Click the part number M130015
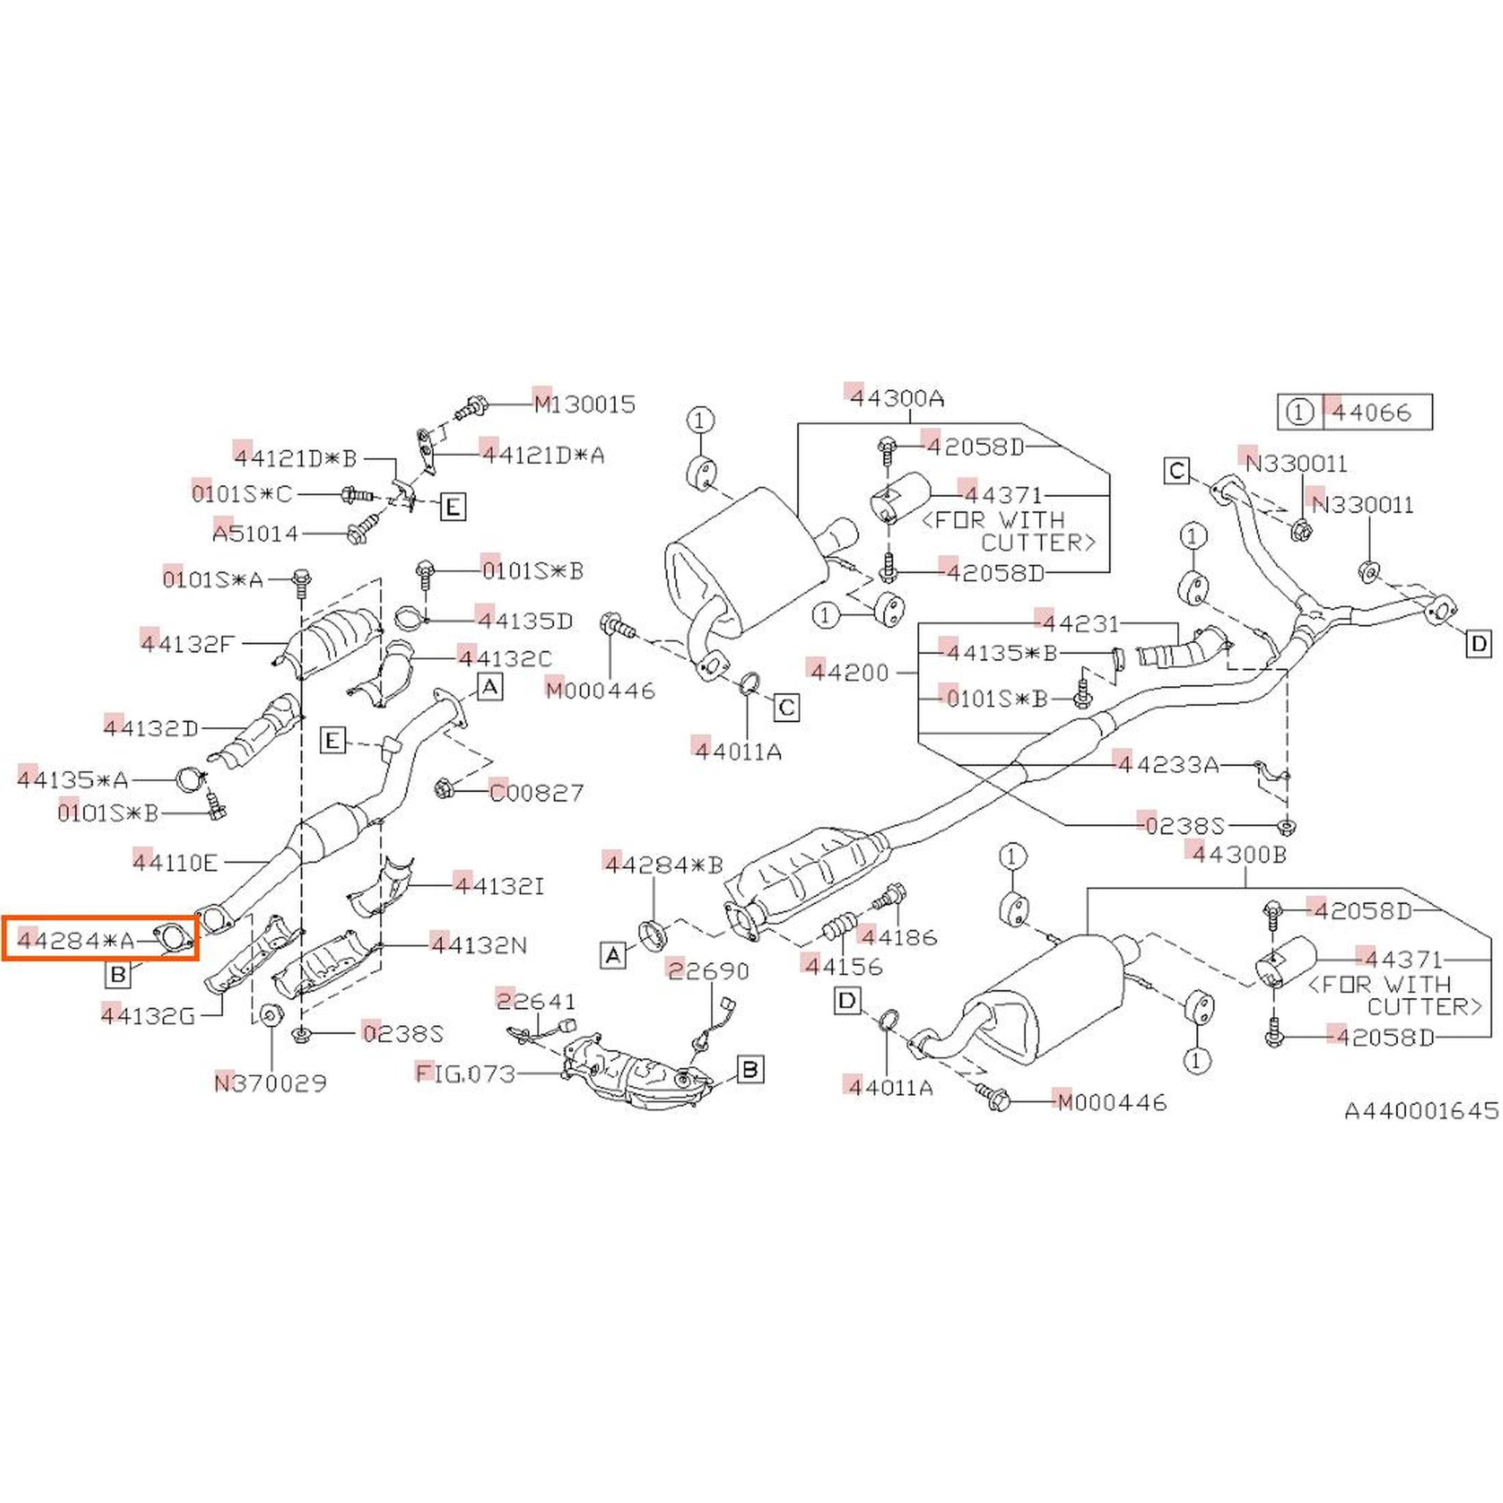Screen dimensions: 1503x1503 [584, 404]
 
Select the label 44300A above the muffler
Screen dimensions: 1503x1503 [896, 399]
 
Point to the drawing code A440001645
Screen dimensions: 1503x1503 [1422, 1111]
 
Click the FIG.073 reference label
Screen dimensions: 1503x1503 [466, 1074]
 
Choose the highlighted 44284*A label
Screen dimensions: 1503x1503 [76, 942]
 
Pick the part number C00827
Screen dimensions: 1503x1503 [536, 793]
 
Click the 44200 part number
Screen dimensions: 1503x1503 [850, 672]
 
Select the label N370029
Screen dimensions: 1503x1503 [271, 1083]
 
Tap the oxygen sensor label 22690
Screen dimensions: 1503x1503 [708, 970]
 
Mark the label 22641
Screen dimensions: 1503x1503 [536, 1000]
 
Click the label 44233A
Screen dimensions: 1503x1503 [1168, 765]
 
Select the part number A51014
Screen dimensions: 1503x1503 [255, 533]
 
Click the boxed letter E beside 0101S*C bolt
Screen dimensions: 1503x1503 [453, 508]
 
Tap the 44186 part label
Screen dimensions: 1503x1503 [898, 937]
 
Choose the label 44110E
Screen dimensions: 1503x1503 [175, 862]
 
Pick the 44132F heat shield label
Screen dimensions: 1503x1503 [187, 644]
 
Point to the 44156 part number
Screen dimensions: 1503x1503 [843, 967]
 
